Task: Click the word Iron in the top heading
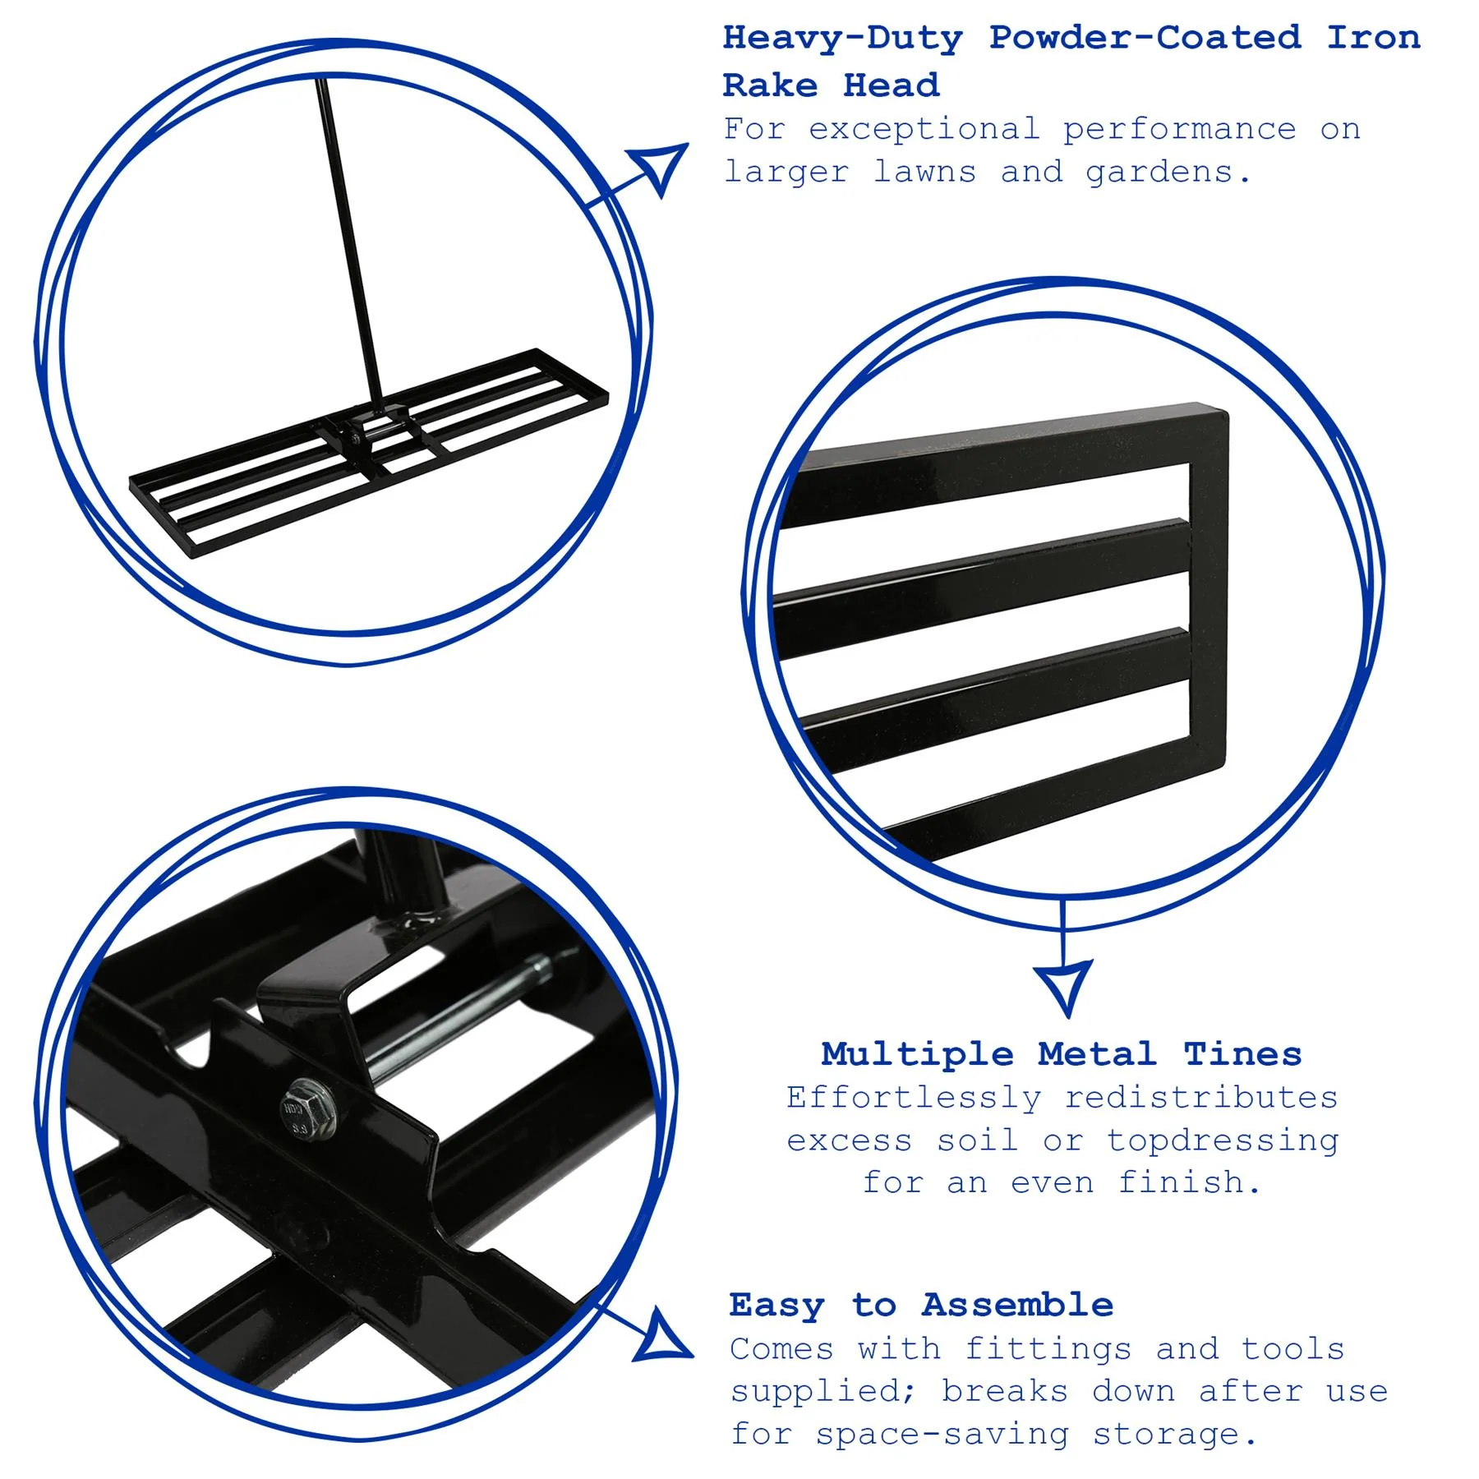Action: [1373, 39]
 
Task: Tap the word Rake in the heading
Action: [770, 85]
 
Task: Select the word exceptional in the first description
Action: [924, 130]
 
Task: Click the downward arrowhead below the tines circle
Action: [1063, 986]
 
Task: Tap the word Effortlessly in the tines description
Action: [913, 1098]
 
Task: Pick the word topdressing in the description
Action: [1222, 1141]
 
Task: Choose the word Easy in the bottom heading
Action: [776, 1305]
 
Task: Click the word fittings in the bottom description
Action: [1048, 1349]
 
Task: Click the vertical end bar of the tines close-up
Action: [1208, 592]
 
